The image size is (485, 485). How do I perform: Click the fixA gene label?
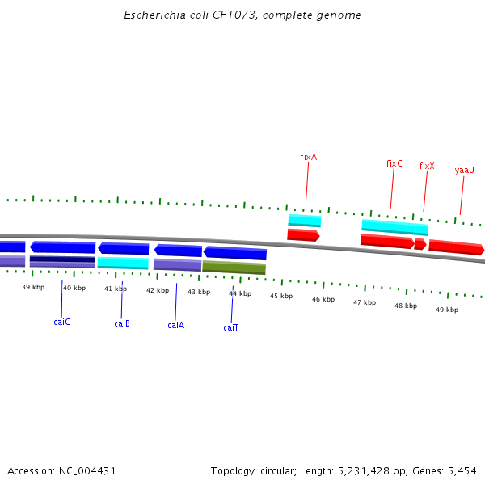coord(308,157)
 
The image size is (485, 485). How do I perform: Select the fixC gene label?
coord(394,163)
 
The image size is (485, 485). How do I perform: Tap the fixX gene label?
coord(427,167)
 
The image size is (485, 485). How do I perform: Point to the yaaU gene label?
coord(464,171)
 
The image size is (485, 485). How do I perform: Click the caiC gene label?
coord(61,322)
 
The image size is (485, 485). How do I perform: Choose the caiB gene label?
coord(122,323)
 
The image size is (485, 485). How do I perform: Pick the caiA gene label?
coord(175,325)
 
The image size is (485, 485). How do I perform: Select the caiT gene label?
coord(231,327)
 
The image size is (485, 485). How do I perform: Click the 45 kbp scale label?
coord(281,296)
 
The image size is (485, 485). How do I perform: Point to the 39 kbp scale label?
coord(33,287)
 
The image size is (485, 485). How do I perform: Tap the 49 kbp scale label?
coord(447,310)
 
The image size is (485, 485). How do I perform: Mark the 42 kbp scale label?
coord(158,290)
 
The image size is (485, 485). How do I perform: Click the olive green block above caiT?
coord(234,268)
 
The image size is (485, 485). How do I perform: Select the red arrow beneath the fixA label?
coord(303,235)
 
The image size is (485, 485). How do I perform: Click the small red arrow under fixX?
coord(420,244)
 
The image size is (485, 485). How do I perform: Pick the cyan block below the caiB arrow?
coord(123,263)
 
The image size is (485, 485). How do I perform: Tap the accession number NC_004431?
coord(87,470)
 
